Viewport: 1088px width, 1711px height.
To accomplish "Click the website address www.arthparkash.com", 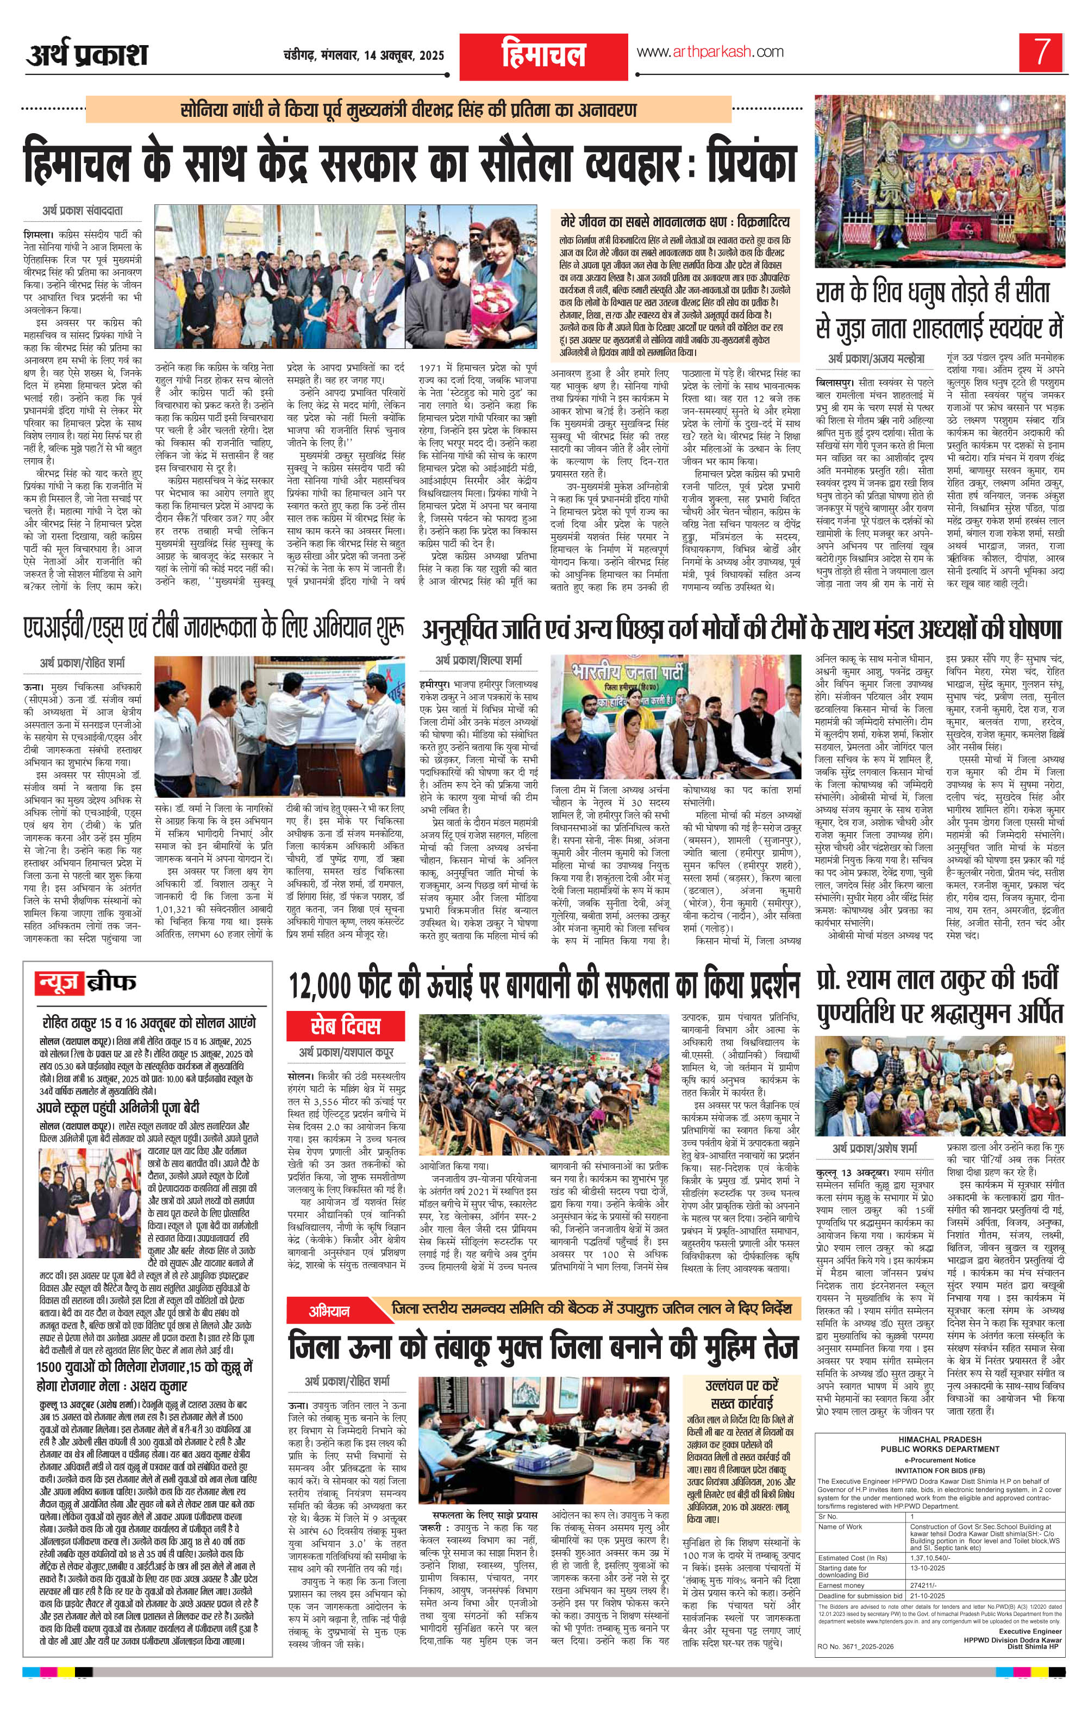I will (x=709, y=52).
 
